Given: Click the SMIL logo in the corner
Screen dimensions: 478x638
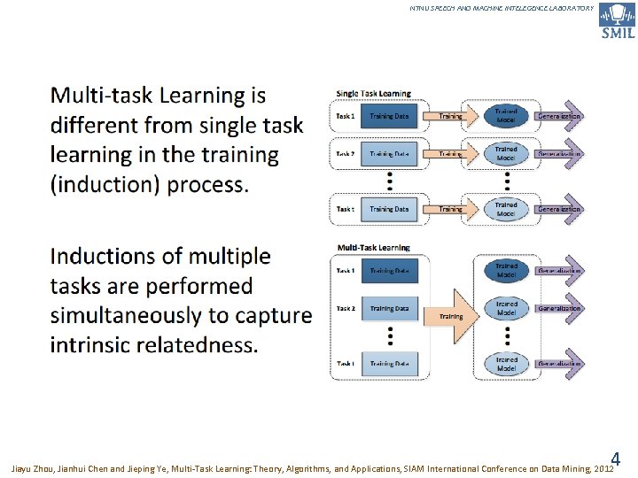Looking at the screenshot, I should tap(617, 20).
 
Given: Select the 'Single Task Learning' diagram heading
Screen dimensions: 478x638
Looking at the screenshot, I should tap(373, 93).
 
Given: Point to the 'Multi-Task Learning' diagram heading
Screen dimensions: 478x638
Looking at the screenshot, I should tap(374, 247).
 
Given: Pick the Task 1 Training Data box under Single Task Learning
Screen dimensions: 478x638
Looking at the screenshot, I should tap(389, 116).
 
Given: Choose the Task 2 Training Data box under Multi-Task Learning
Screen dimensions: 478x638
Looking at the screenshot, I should tap(389, 309).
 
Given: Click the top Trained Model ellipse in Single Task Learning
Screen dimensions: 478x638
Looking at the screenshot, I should tap(506, 116).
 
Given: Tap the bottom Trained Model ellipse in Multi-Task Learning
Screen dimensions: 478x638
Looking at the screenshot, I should tap(506, 363).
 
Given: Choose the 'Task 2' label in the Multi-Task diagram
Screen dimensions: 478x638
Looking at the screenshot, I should tap(346, 309).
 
